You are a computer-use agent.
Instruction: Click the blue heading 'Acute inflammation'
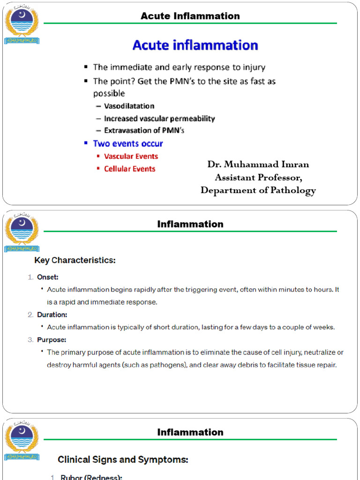coord(195,45)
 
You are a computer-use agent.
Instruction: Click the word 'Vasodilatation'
coord(129,106)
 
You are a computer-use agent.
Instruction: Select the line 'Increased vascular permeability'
coord(159,119)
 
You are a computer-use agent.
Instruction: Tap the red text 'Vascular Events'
coord(131,156)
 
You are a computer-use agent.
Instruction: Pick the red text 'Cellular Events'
coord(129,169)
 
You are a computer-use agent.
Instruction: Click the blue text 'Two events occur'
coord(128,143)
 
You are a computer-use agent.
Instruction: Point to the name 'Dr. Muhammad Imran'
coord(258,164)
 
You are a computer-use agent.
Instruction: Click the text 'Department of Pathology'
coord(258,190)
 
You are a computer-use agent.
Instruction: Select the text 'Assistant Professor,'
coord(258,177)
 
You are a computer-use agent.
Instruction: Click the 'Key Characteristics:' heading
coord(75,260)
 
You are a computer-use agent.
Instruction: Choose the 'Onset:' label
coord(48,277)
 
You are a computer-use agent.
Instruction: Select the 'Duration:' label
coord(52,315)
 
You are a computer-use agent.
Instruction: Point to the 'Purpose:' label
coord(52,339)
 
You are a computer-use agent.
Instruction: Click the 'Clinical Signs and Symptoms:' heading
coord(123,460)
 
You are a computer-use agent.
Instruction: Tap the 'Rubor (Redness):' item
coord(91,477)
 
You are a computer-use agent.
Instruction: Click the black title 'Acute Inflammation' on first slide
coord(190,16)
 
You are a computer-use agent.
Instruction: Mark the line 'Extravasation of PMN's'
coord(144,130)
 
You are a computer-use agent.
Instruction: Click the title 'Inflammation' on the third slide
coord(190,432)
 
